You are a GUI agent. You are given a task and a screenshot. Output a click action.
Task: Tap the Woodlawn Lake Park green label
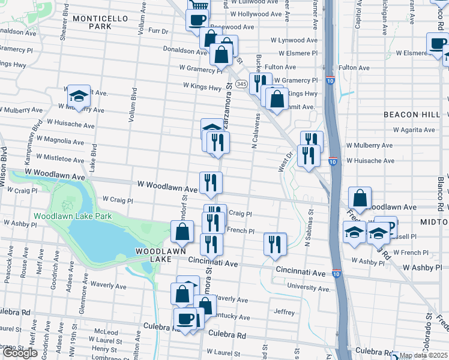pos(73,216)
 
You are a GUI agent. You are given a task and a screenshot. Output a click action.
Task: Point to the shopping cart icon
pos(199,5)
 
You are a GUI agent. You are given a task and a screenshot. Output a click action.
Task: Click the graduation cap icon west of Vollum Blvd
pos(78,96)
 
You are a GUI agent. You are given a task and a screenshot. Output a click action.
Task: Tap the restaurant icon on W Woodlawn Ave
pos(211,183)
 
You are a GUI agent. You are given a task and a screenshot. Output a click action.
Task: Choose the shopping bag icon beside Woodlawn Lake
pos(182,232)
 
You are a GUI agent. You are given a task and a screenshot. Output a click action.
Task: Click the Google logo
pos(20,353)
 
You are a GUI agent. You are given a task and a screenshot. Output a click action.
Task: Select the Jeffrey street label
pos(284,312)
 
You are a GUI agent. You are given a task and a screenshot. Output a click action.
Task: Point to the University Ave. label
pos(309,289)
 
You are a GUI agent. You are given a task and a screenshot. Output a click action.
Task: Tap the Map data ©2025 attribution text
pos(423,355)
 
